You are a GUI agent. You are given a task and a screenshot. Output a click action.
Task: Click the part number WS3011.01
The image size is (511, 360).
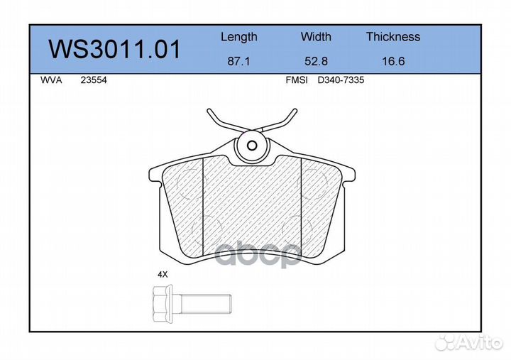pos(114,49)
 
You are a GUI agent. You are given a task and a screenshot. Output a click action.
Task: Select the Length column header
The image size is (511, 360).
pos(239,37)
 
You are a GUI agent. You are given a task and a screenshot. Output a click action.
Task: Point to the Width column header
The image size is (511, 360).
pos(316,36)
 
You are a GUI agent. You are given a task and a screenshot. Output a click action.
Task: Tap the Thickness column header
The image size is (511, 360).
pos(393,36)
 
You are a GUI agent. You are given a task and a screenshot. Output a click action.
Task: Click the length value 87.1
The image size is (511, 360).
pos(238,61)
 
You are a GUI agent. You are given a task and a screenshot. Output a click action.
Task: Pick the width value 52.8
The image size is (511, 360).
pos(316,61)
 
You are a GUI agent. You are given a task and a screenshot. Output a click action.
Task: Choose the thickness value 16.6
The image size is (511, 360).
pos(393,61)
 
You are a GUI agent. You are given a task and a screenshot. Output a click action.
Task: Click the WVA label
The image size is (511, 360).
pos(51,80)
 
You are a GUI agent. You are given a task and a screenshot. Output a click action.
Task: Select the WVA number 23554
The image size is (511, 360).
pos(94,80)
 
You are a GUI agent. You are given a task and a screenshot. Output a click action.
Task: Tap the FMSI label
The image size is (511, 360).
pos(297,80)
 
